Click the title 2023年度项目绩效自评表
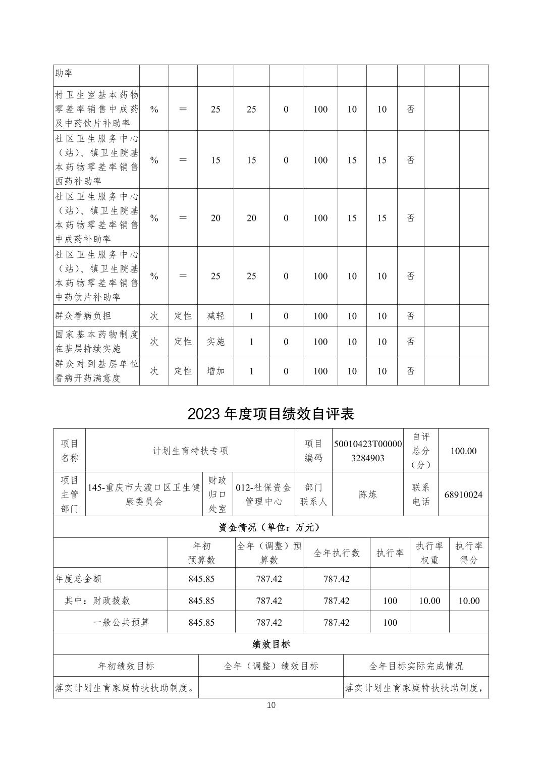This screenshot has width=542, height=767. point(271,414)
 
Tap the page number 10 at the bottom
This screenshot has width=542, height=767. point(271,705)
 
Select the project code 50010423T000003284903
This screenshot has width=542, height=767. point(368,451)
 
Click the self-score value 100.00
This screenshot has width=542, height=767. point(463,451)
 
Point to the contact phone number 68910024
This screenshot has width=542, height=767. point(463,495)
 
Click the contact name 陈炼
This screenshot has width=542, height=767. point(368,495)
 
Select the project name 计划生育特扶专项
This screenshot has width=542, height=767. point(190,451)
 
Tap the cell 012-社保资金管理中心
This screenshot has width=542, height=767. point(264,495)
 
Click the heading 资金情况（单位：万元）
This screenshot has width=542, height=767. point(271,527)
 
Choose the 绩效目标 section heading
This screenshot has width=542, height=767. point(271,644)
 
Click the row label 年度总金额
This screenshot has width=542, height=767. point(78,579)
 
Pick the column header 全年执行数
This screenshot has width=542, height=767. point(337,553)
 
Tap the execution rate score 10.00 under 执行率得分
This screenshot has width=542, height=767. point(469,600)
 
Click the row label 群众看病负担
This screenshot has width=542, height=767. point(83,316)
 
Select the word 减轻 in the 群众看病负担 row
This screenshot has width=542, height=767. point(215,316)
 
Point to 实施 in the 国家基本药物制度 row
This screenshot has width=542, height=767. point(215,342)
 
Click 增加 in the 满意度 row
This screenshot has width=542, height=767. point(215,371)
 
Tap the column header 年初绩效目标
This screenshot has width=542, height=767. point(126,666)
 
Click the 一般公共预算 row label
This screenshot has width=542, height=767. point(121,622)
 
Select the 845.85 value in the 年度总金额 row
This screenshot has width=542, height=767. point(201,579)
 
